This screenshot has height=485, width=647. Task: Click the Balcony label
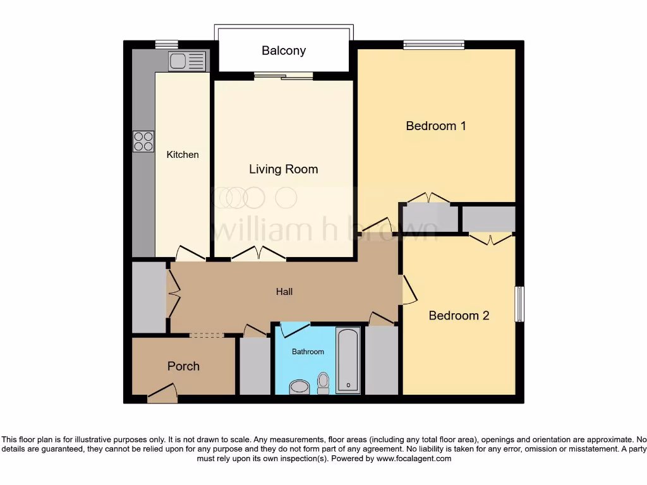tap(284, 51)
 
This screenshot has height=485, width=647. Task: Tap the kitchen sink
tap(187, 61)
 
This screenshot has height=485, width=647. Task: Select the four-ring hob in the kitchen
tap(143, 141)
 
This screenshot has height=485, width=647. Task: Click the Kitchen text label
tap(183, 155)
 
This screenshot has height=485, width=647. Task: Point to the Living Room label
tap(283, 169)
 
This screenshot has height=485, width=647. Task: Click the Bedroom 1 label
tap(435, 126)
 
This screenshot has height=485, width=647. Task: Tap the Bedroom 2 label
tap(459, 316)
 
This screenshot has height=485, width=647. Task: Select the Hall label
tap(284, 292)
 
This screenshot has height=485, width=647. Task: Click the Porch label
tap(183, 366)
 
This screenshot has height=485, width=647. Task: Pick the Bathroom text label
tap(308, 352)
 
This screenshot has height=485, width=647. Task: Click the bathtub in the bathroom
tap(348, 360)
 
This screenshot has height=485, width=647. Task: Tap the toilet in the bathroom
tap(323, 382)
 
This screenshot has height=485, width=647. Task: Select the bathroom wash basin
tap(299, 387)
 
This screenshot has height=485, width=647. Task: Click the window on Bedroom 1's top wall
tap(434, 44)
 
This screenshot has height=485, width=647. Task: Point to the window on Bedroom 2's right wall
tap(519, 304)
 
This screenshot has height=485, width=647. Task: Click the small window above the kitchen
tap(167, 44)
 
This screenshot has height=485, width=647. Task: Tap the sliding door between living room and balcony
tap(283, 76)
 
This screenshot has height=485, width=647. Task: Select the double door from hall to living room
tap(258, 254)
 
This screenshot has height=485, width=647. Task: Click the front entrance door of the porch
tap(162, 394)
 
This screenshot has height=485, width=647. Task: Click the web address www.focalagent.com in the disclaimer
tap(413, 458)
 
